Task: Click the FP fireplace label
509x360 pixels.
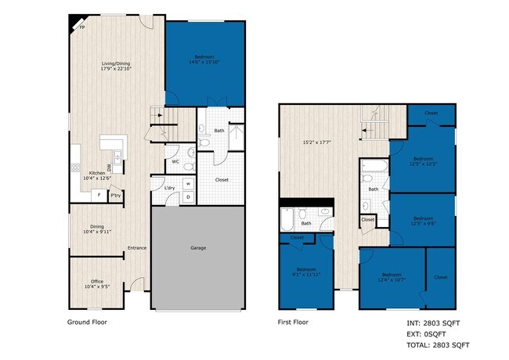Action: tap(81, 27)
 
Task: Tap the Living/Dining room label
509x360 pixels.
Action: tap(116, 66)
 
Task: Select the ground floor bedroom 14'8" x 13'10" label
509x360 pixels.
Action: tap(204, 59)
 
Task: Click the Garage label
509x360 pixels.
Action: tap(198, 248)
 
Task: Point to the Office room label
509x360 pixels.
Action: tap(97, 283)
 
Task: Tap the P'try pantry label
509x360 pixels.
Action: tap(115, 195)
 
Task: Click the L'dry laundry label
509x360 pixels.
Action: tap(169, 188)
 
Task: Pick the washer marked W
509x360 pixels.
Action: tap(189, 184)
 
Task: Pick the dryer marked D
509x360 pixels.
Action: tap(189, 196)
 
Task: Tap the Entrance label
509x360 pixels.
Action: tap(137, 248)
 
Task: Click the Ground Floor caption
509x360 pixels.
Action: tap(87, 322)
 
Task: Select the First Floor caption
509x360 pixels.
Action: tap(294, 322)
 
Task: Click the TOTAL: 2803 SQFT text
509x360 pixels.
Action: tap(438, 344)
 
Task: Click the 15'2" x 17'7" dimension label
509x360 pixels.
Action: tap(319, 142)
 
